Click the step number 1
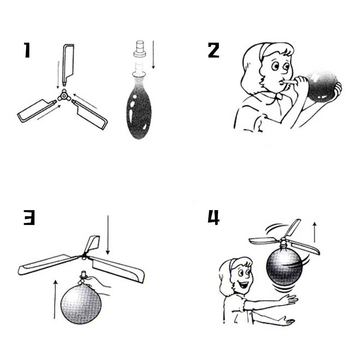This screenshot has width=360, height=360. [27, 50]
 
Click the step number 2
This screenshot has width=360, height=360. [213, 50]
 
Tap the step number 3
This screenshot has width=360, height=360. [29, 217]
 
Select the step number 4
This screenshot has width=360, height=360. [214, 217]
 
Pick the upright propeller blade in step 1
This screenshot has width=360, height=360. [68, 64]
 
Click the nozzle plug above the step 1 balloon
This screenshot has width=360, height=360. [140, 49]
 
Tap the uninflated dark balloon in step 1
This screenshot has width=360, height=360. [139, 108]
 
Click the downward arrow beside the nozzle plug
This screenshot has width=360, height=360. [153, 55]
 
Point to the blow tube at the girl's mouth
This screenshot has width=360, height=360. [289, 82]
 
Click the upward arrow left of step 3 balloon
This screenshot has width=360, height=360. [55, 299]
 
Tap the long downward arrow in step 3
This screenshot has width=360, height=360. [108, 235]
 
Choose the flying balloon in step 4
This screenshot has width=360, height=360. [284, 266]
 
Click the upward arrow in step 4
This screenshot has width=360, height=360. [315, 232]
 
